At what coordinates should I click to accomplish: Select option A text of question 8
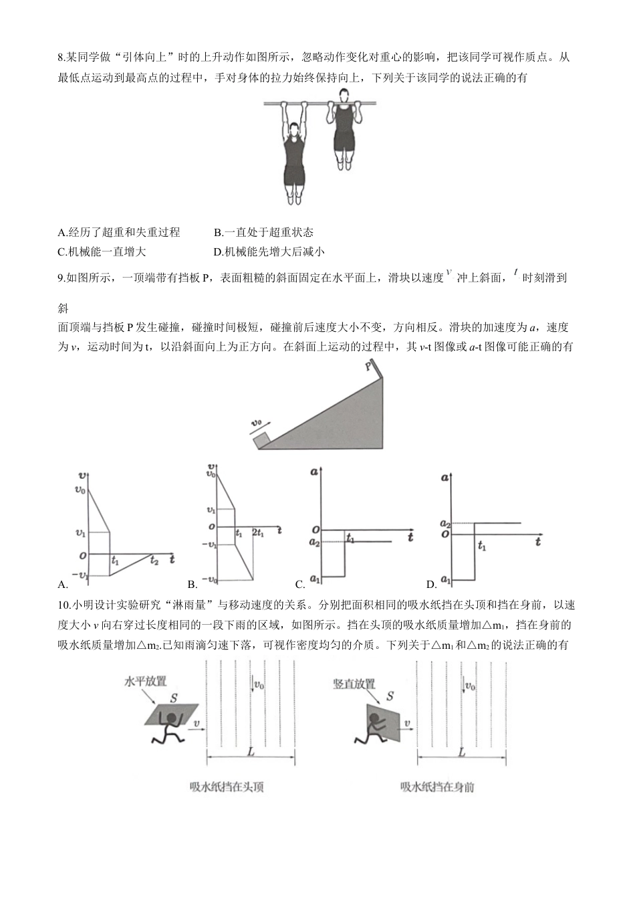[119, 232]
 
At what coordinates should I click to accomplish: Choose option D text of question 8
[269, 252]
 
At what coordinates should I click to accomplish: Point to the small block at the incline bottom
[261, 440]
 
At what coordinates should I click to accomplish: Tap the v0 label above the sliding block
[257, 423]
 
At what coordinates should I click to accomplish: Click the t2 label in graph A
[154, 561]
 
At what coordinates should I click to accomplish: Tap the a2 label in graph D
[444, 524]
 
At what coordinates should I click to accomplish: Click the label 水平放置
[145, 681]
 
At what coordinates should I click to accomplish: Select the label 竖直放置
[354, 684]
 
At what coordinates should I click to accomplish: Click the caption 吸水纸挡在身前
[437, 787]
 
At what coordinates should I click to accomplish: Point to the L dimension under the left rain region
[251, 752]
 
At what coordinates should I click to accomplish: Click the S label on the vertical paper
[390, 696]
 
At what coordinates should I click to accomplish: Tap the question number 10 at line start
[64, 605]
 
